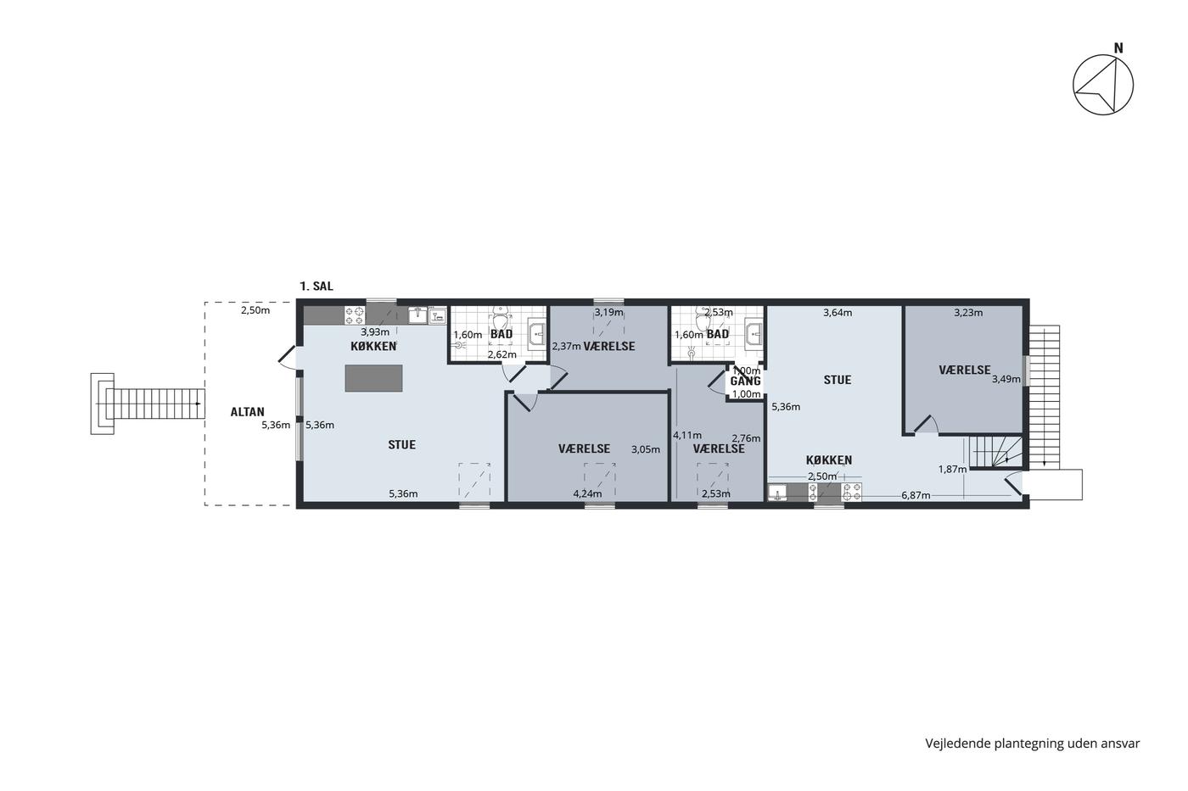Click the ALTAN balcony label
coord(247,412)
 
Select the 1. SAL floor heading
coord(317,286)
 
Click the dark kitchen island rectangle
coord(373,378)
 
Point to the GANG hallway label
coord(745,381)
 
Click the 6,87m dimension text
coord(916,495)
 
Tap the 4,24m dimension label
coord(587,493)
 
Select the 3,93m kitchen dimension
coord(375,332)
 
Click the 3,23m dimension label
coord(968,313)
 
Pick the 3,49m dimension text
coord(1006,379)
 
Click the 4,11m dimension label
coord(687,435)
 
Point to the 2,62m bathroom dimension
coord(502,354)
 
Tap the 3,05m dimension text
coord(646,449)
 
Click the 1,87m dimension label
coord(952,469)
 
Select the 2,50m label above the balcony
coord(255,310)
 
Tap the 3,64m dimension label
coord(838,313)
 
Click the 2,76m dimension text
coord(746,438)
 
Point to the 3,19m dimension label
coord(609,312)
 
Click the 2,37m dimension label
coord(567,346)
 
